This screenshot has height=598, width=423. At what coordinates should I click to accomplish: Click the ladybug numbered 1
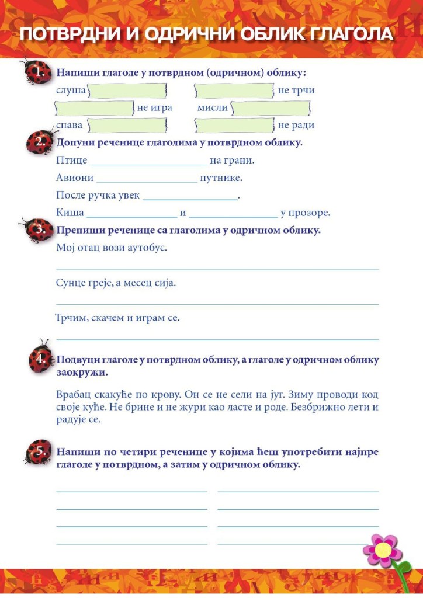click(36, 72)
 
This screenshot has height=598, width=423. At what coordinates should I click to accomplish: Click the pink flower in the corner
click(383, 550)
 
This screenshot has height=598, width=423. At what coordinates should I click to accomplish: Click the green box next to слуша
click(127, 91)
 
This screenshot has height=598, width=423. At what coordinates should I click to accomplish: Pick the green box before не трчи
click(234, 91)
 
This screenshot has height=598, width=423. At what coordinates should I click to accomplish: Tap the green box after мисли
click(271, 108)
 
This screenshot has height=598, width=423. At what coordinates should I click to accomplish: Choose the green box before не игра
click(94, 108)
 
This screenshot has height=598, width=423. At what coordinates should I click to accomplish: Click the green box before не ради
click(234, 125)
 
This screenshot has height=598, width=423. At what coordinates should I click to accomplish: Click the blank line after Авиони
click(147, 179)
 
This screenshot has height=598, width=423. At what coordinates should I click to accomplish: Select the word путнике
click(221, 178)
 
